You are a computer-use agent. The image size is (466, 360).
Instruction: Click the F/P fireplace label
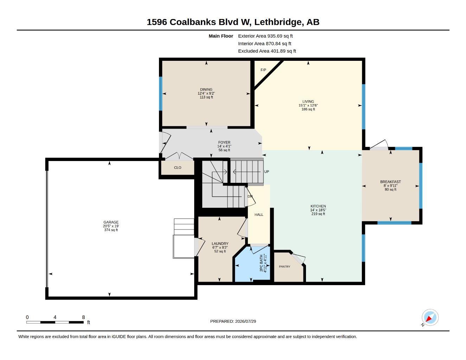263,70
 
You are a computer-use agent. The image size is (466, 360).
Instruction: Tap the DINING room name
206,90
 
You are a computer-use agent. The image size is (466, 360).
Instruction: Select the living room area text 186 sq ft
308,109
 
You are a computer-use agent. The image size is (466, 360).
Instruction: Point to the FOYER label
224,142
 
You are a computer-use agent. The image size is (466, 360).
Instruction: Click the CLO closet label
178,168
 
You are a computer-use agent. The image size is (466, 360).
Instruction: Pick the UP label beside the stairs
267,172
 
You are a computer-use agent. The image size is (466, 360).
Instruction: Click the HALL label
259,215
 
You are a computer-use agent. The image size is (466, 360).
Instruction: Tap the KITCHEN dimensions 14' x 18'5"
318,210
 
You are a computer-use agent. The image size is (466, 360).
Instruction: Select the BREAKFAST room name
390,182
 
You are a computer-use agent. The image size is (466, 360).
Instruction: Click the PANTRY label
285,266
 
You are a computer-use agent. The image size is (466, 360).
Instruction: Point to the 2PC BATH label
261,263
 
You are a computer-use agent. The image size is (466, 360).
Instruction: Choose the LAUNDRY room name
220,244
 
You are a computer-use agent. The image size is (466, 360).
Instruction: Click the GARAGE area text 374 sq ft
111,230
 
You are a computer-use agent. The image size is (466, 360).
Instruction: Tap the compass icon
430,317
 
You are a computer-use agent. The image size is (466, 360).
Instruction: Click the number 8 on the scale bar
83,317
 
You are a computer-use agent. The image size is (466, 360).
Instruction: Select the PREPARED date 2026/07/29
245,321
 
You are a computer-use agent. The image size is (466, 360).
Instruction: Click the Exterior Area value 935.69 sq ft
280,36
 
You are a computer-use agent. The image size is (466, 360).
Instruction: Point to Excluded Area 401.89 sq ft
267,51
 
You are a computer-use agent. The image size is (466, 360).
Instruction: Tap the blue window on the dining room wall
160,94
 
